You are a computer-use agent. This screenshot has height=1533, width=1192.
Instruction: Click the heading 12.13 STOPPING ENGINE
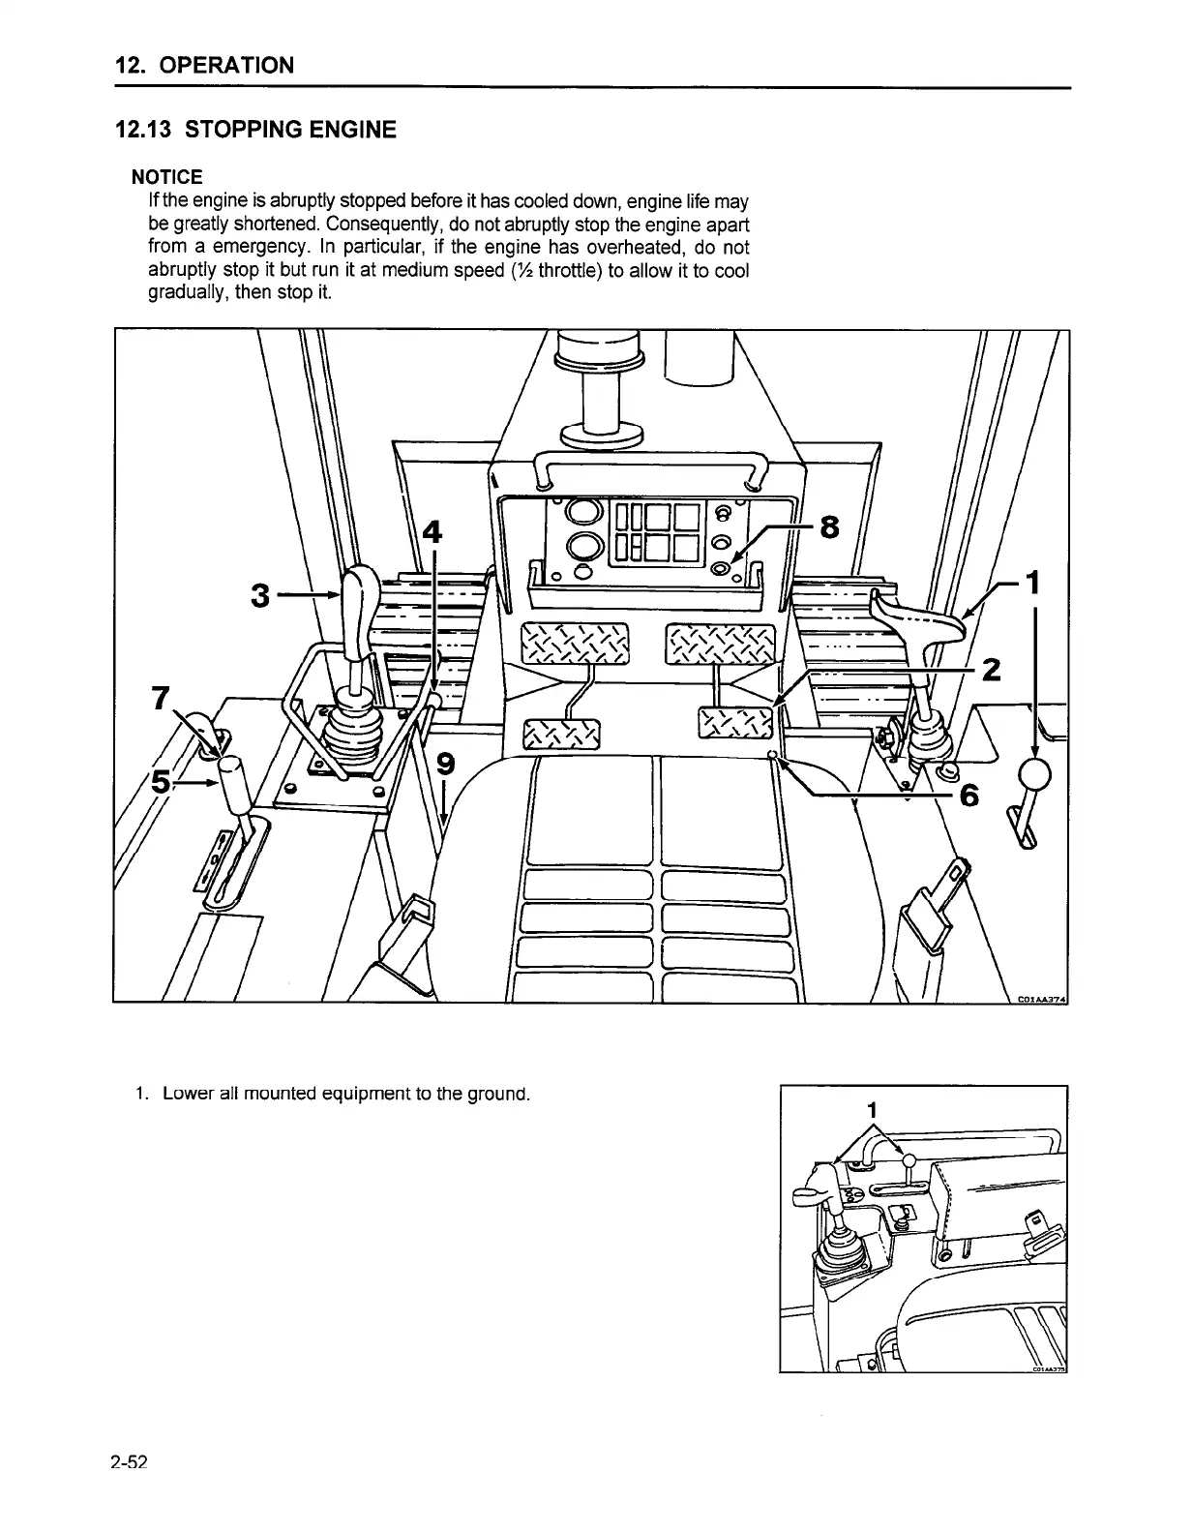(255, 130)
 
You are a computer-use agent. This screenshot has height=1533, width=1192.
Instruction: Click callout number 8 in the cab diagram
(829, 528)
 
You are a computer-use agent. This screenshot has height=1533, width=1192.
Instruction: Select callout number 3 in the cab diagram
(259, 597)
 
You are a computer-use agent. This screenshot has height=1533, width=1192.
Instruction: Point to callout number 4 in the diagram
(432, 532)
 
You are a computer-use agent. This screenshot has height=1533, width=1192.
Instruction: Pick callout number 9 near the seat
(445, 765)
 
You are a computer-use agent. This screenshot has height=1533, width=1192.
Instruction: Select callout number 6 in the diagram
(968, 796)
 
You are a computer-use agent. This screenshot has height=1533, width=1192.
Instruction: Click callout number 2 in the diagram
(991, 670)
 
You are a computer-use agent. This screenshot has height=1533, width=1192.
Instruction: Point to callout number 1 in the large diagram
(1034, 583)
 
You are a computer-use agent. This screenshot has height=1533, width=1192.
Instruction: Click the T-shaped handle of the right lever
(920, 619)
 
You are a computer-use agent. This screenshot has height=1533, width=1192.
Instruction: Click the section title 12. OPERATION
(203, 66)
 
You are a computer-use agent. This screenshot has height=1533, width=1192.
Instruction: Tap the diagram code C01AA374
(1040, 999)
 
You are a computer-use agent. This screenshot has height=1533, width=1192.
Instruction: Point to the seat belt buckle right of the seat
(933, 905)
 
